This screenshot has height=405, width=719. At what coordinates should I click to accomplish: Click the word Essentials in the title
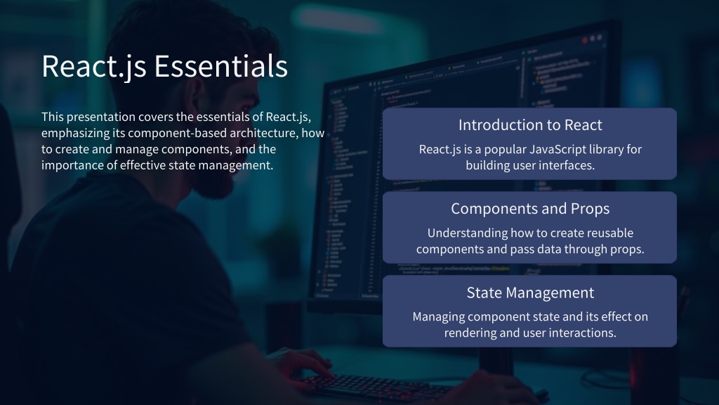coord(220,66)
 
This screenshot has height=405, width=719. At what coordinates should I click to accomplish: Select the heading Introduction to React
coord(530,125)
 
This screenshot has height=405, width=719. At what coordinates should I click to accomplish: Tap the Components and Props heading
coord(530,209)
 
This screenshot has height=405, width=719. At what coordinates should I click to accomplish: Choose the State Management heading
coord(530,293)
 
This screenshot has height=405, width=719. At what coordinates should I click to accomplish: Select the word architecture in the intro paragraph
coord(264,133)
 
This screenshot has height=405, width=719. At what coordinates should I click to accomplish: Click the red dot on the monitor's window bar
coord(585,40)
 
